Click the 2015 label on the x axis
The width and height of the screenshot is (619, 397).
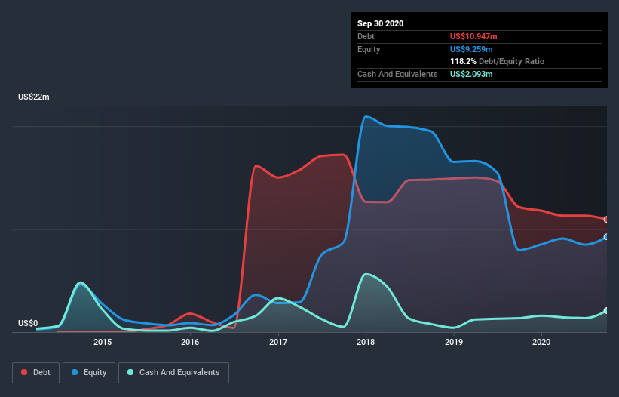point(103,342)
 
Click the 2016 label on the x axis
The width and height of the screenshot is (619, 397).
point(190,342)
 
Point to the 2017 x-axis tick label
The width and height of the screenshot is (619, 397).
point(278,342)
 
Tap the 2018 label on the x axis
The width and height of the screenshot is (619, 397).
point(366,342)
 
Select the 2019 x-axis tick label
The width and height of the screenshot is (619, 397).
point(454,342)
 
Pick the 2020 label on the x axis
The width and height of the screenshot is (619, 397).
point(541,342)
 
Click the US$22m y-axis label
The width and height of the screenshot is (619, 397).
point(33,97)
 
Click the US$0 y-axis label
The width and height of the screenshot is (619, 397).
point(28,323)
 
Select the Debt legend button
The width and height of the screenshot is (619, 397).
point(37,372)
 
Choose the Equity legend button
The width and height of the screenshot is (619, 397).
point(89,372)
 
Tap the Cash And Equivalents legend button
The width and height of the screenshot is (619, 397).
point(173,372)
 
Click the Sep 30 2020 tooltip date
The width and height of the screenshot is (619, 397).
point(380,23)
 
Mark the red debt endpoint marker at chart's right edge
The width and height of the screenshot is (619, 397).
point(606,219)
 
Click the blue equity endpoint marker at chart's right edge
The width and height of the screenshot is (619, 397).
point(606,237)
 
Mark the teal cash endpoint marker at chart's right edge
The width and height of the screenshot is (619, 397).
point(606,311)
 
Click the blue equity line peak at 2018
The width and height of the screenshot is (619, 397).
point(366,117)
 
